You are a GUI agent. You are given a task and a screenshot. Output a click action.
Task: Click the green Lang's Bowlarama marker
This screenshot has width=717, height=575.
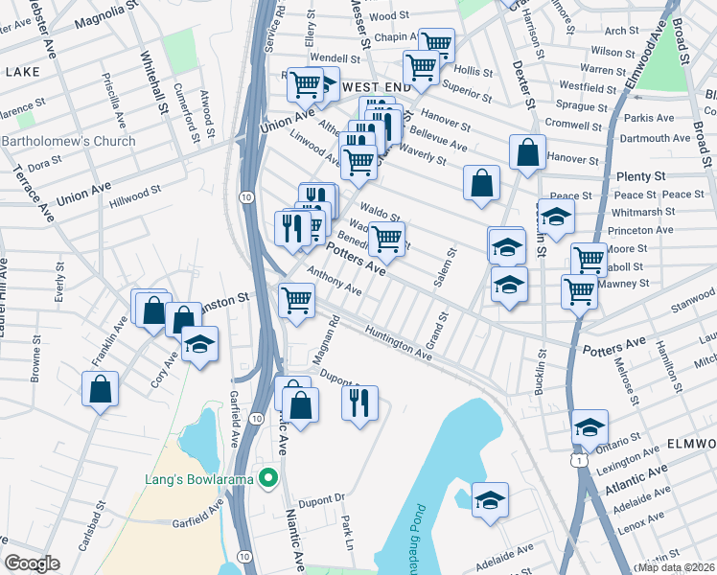click(x=269, y=476)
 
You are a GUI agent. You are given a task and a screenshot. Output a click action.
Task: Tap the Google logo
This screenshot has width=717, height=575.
click(x=32, y=563)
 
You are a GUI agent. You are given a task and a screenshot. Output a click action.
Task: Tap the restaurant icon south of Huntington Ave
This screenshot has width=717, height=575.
click(x=359, y=402)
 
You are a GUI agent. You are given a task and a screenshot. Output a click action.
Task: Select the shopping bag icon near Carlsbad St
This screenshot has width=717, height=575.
click(x=100, y=389)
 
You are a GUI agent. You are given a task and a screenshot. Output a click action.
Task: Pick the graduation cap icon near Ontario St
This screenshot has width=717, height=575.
click(x=590, y=427)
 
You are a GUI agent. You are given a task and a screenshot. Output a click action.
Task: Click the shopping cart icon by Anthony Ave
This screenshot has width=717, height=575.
click(x=296, y=300)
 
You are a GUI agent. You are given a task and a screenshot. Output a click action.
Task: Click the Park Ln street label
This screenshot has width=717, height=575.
click(x=348, y=533)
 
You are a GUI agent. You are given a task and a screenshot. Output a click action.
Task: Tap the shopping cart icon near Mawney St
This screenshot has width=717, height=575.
click(x=579, y=289)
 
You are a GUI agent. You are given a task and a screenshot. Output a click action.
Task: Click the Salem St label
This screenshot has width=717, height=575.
click(x=450, y=260)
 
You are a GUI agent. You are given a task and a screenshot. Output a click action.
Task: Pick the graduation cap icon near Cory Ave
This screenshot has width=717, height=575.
click(x=199, y=344)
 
